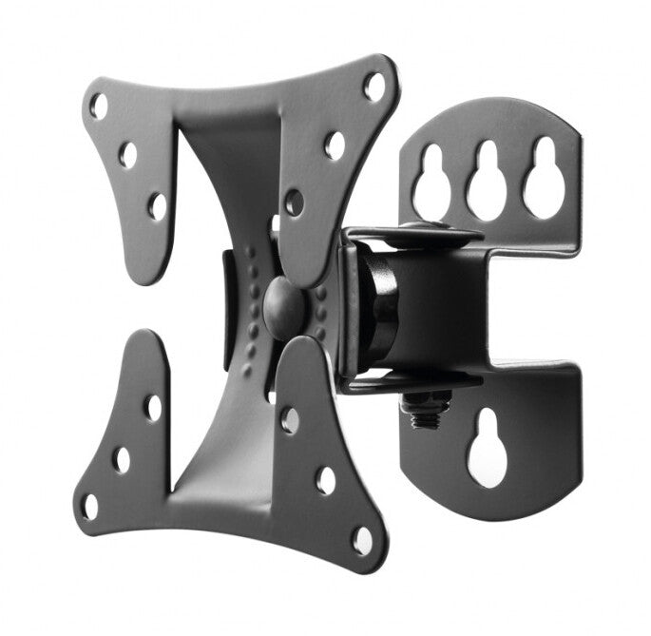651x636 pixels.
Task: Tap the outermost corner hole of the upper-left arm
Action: pyautogui.click(x=99, y=106)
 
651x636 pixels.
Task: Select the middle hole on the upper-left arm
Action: pyautogui.click(x=127, y=154)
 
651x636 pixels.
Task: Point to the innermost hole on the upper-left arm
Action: pyautogui.click(x=158, y=205)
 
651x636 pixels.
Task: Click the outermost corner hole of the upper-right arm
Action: pyautogui.click(x=374, y=87)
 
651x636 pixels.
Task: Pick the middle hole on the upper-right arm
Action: pyautogui.click(x=335, y=145)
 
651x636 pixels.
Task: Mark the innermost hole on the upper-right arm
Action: pyautogui.click(x=294, y=202)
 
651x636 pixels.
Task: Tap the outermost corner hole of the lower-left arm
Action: pyautogui.click(x=89, y=507)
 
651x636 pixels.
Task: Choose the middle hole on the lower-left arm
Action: pyautogui.click(x=122, y=459)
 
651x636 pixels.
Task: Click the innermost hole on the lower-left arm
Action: pyautogui.click(x=153, y=408)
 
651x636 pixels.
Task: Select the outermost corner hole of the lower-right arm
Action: pyautogui.click(x=363, y=539)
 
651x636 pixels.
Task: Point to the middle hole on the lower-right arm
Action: pyautogui.click(x=326, y=480)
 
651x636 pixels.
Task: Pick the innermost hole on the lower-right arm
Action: pyautogui.click(x=290, y=420)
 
